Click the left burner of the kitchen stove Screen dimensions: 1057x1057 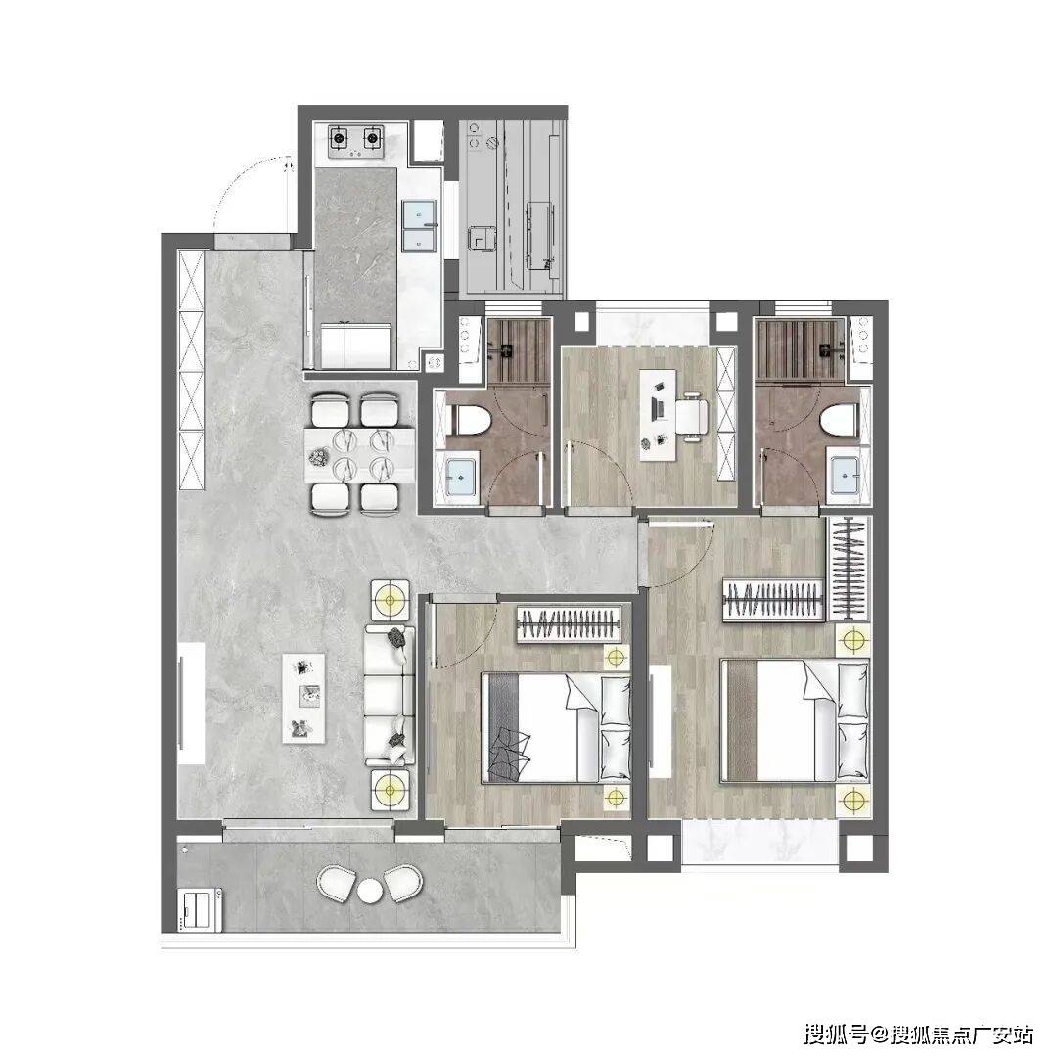pos(339,139)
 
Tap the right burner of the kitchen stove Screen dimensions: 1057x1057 pos(372,139)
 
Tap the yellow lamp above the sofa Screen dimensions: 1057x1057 pos(390,597)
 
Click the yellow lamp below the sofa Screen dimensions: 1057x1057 pos(390,788)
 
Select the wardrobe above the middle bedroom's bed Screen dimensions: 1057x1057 pos(569,624)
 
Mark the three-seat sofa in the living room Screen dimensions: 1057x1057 pos(390,694)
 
